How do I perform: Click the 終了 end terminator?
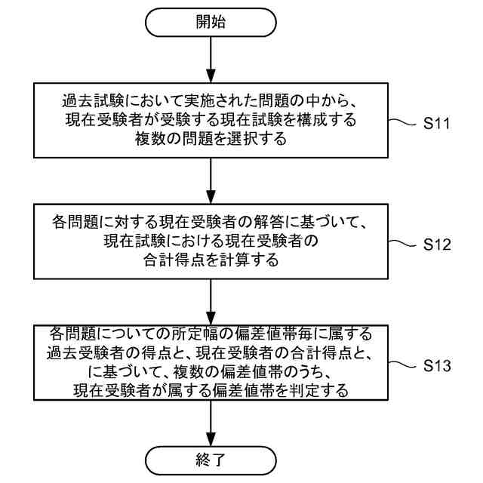point(211,458)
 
